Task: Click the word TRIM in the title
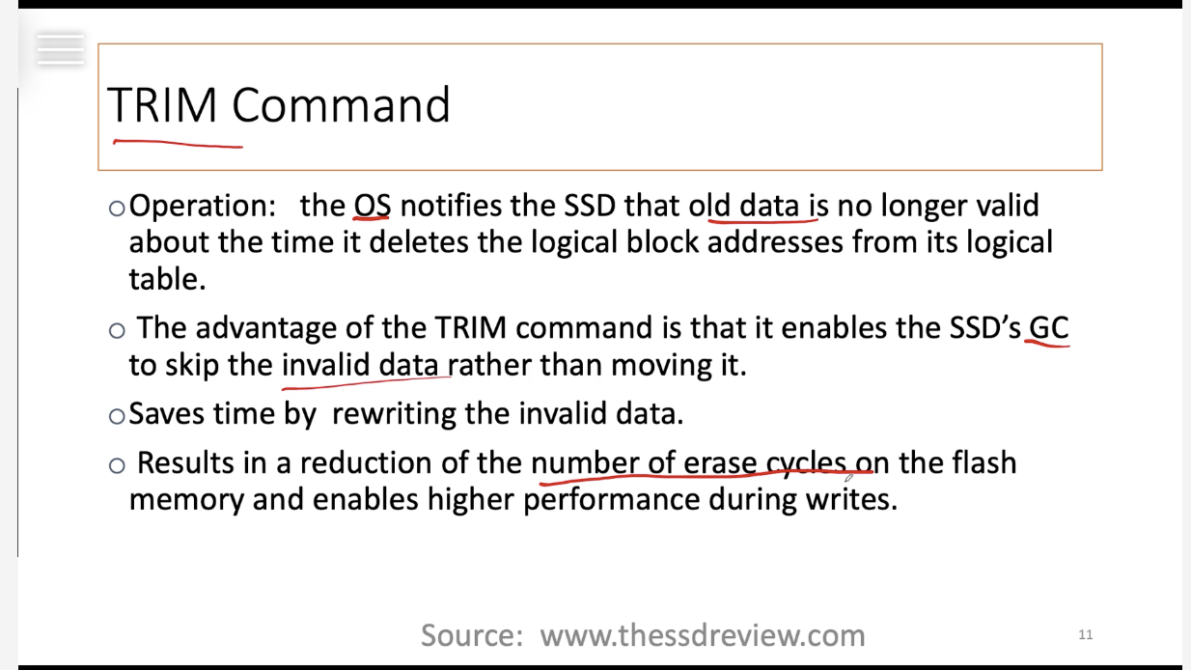[x=162, y=105]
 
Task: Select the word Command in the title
[x=342, y=105]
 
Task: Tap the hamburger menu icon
[x=61, y=49]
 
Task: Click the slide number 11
[x=1085, y=634]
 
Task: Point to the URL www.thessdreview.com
[x=703, y=635]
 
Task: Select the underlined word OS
[x=373, y=206]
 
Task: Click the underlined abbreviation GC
[x=1048, y=327]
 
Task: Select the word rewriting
[x=394, y=414]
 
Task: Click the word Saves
[x=166, y=413]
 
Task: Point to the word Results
[x=185, y=462]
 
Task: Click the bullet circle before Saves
[x=117, y=416]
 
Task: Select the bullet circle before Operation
[x=117, y=208]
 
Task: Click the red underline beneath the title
[x=179, y=144]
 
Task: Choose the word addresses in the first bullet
[x=775, y=242]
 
